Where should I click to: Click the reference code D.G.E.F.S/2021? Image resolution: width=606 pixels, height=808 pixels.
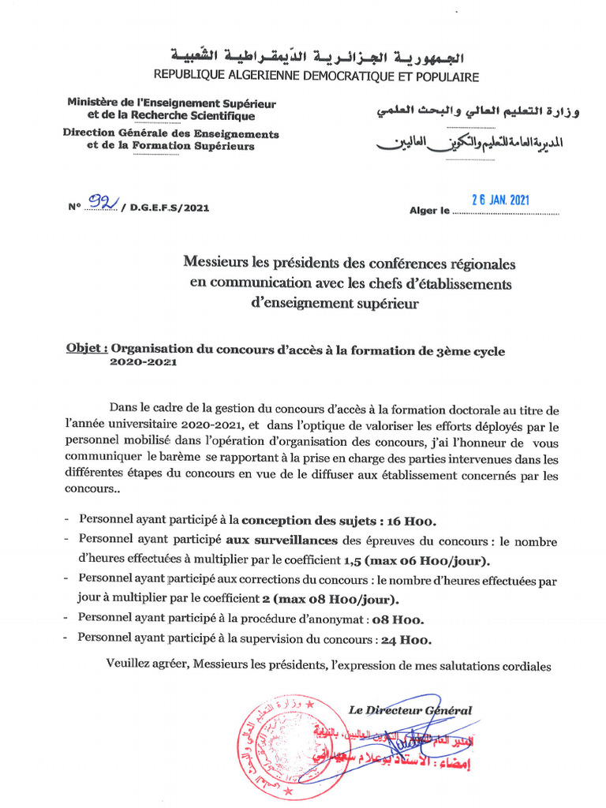coord(171,208)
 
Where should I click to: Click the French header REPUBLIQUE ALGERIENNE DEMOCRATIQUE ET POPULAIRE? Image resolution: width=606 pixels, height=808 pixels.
coord(316,77)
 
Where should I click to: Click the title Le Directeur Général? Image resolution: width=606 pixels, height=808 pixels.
coord(410,710)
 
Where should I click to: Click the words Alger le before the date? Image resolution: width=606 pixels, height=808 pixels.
coord(429,211)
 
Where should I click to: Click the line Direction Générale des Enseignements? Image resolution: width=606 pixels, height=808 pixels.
coord(171,133)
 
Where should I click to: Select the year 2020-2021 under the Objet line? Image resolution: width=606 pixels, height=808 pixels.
coord(143,363)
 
